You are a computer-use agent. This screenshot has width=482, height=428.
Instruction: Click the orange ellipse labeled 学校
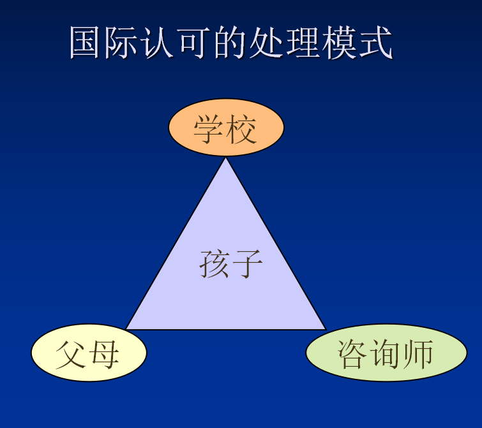pyautogui.click(x=226, y=127)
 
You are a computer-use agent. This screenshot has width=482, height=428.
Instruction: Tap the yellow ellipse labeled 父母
pyautogui.click(x=89, y=353)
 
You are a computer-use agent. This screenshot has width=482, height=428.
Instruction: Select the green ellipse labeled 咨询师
pyautogui.click(x=386, y=353)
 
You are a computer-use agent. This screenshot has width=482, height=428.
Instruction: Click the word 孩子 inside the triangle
pyautogui.click(x=231, y=264)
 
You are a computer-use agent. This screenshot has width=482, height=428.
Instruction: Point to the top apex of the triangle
pyautogui.click(x=225, y=158)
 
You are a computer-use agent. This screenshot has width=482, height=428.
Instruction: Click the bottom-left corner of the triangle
pyautogui.click(x=126, y=329)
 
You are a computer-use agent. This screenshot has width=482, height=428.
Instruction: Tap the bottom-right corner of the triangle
pyautogui.click(x=326, y=329)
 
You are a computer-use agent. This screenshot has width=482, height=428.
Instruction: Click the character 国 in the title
pyautogui.click(x=84, y=42)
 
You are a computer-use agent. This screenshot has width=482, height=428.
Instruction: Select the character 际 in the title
pyautogui.click(x=120, y=42)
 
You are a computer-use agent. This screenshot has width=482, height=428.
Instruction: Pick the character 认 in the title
pyautogui.click(x=156, y=42)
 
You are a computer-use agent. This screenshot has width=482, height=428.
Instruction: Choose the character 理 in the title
pyautogui.click(x=301, y=42)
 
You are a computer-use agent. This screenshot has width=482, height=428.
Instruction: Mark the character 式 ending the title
pyautogui.click(x=375, y=42)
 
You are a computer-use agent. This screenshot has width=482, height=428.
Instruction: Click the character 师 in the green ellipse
pyautogui.click(x=418, y=354)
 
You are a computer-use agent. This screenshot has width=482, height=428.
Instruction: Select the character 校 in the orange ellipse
pyautogui.click(x=241, y=129)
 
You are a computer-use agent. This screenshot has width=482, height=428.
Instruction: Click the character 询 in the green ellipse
pyautogui.click(x=386, y=354)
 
